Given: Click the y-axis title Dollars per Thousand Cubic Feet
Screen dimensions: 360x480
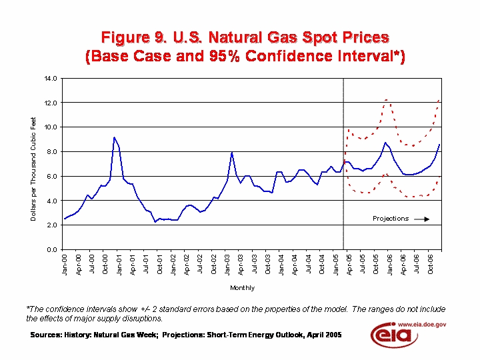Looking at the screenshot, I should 34,169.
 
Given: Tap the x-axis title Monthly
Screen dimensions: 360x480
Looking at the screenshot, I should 242,288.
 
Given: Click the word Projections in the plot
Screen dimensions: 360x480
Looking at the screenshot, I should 390,219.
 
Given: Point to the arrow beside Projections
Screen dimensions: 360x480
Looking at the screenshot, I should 421,219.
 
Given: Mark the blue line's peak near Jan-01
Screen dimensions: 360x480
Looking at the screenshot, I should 114,137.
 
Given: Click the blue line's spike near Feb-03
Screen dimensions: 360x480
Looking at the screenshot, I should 232,153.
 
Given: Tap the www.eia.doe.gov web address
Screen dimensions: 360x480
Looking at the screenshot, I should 422,323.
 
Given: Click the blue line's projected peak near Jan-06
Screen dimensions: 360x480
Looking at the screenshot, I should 385,143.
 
